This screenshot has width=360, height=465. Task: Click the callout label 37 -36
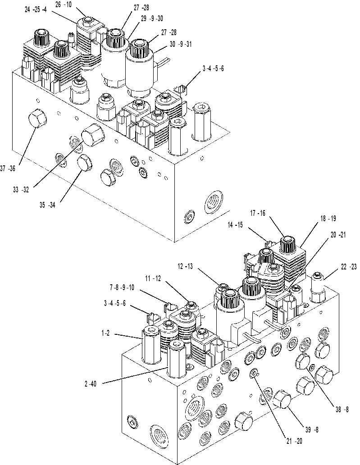pos(7,169)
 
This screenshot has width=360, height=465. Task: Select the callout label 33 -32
pos(21,190)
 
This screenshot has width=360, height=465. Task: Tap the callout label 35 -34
pos(47,205)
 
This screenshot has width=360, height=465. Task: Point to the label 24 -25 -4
pos(36,10)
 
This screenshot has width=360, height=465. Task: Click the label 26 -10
pos(64,5)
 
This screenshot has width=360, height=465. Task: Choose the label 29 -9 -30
pos(152,18)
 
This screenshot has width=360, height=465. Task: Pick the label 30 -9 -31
pos(181,44)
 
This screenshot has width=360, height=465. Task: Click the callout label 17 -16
pos(258,213)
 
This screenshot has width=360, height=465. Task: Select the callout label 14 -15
pos(235,225)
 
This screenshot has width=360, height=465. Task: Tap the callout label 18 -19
pos(328,219)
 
